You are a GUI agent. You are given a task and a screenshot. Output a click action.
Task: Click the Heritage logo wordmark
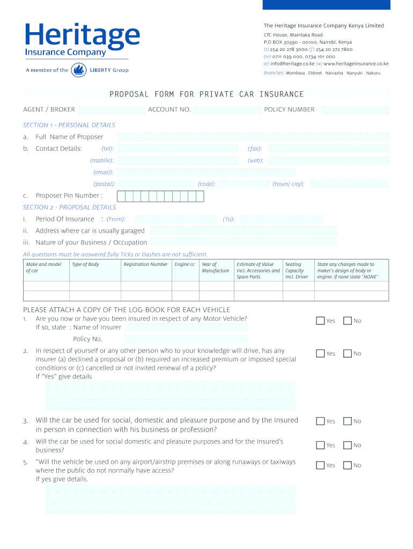coord(82,36)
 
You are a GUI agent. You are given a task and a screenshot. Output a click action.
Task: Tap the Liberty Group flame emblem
coord(79,70)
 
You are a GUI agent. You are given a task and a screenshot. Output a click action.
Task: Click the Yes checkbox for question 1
coord(320,321)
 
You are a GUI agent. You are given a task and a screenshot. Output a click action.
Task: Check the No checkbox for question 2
coord(347,353)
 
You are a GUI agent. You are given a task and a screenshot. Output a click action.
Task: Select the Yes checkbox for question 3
coord(320,421)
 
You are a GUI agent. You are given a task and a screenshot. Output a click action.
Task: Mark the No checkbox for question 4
coord(347,445)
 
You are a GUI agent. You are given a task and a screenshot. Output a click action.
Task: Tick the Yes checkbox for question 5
coord(320,465)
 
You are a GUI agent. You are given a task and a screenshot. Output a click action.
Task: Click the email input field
coord(206,172)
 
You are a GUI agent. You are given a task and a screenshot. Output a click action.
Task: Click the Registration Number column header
coord(145,264)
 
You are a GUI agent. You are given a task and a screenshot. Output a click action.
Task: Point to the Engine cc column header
coord(185,264)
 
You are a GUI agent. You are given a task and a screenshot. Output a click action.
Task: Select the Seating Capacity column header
coord(297,270)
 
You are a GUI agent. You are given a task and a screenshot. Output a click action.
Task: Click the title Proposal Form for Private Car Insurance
coord(206,94)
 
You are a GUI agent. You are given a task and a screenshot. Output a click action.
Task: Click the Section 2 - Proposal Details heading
coord(69,207)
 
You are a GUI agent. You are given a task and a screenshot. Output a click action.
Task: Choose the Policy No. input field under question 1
coord(186,339)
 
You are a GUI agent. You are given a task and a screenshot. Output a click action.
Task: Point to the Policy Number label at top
coord(289,109)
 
